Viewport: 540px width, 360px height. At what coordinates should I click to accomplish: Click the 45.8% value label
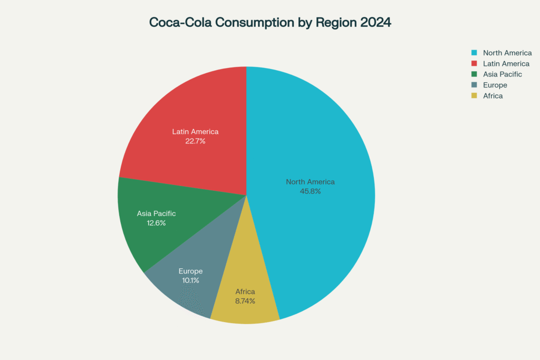click(310, 191)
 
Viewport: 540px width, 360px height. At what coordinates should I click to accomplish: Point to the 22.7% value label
click(195, 141)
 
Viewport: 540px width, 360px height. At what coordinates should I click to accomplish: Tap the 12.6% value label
click(156, 223)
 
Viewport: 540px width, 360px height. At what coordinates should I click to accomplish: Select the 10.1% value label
click(190, 280)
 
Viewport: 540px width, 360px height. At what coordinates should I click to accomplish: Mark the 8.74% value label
click(245, 301)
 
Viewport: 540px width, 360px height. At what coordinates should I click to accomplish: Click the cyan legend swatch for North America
click(474, 53)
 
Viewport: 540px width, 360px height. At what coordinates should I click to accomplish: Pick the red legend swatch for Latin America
click(474, 64)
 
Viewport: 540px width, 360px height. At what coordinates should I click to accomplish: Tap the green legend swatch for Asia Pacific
click(474, 74)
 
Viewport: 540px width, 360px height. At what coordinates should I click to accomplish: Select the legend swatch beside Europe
click(474, 85)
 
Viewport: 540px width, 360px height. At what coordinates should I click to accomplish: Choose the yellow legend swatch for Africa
click(474, 96)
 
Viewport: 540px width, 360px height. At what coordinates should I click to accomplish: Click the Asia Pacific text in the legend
click(502, 74)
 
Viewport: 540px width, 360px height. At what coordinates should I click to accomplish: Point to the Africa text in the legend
click(493, 96)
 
